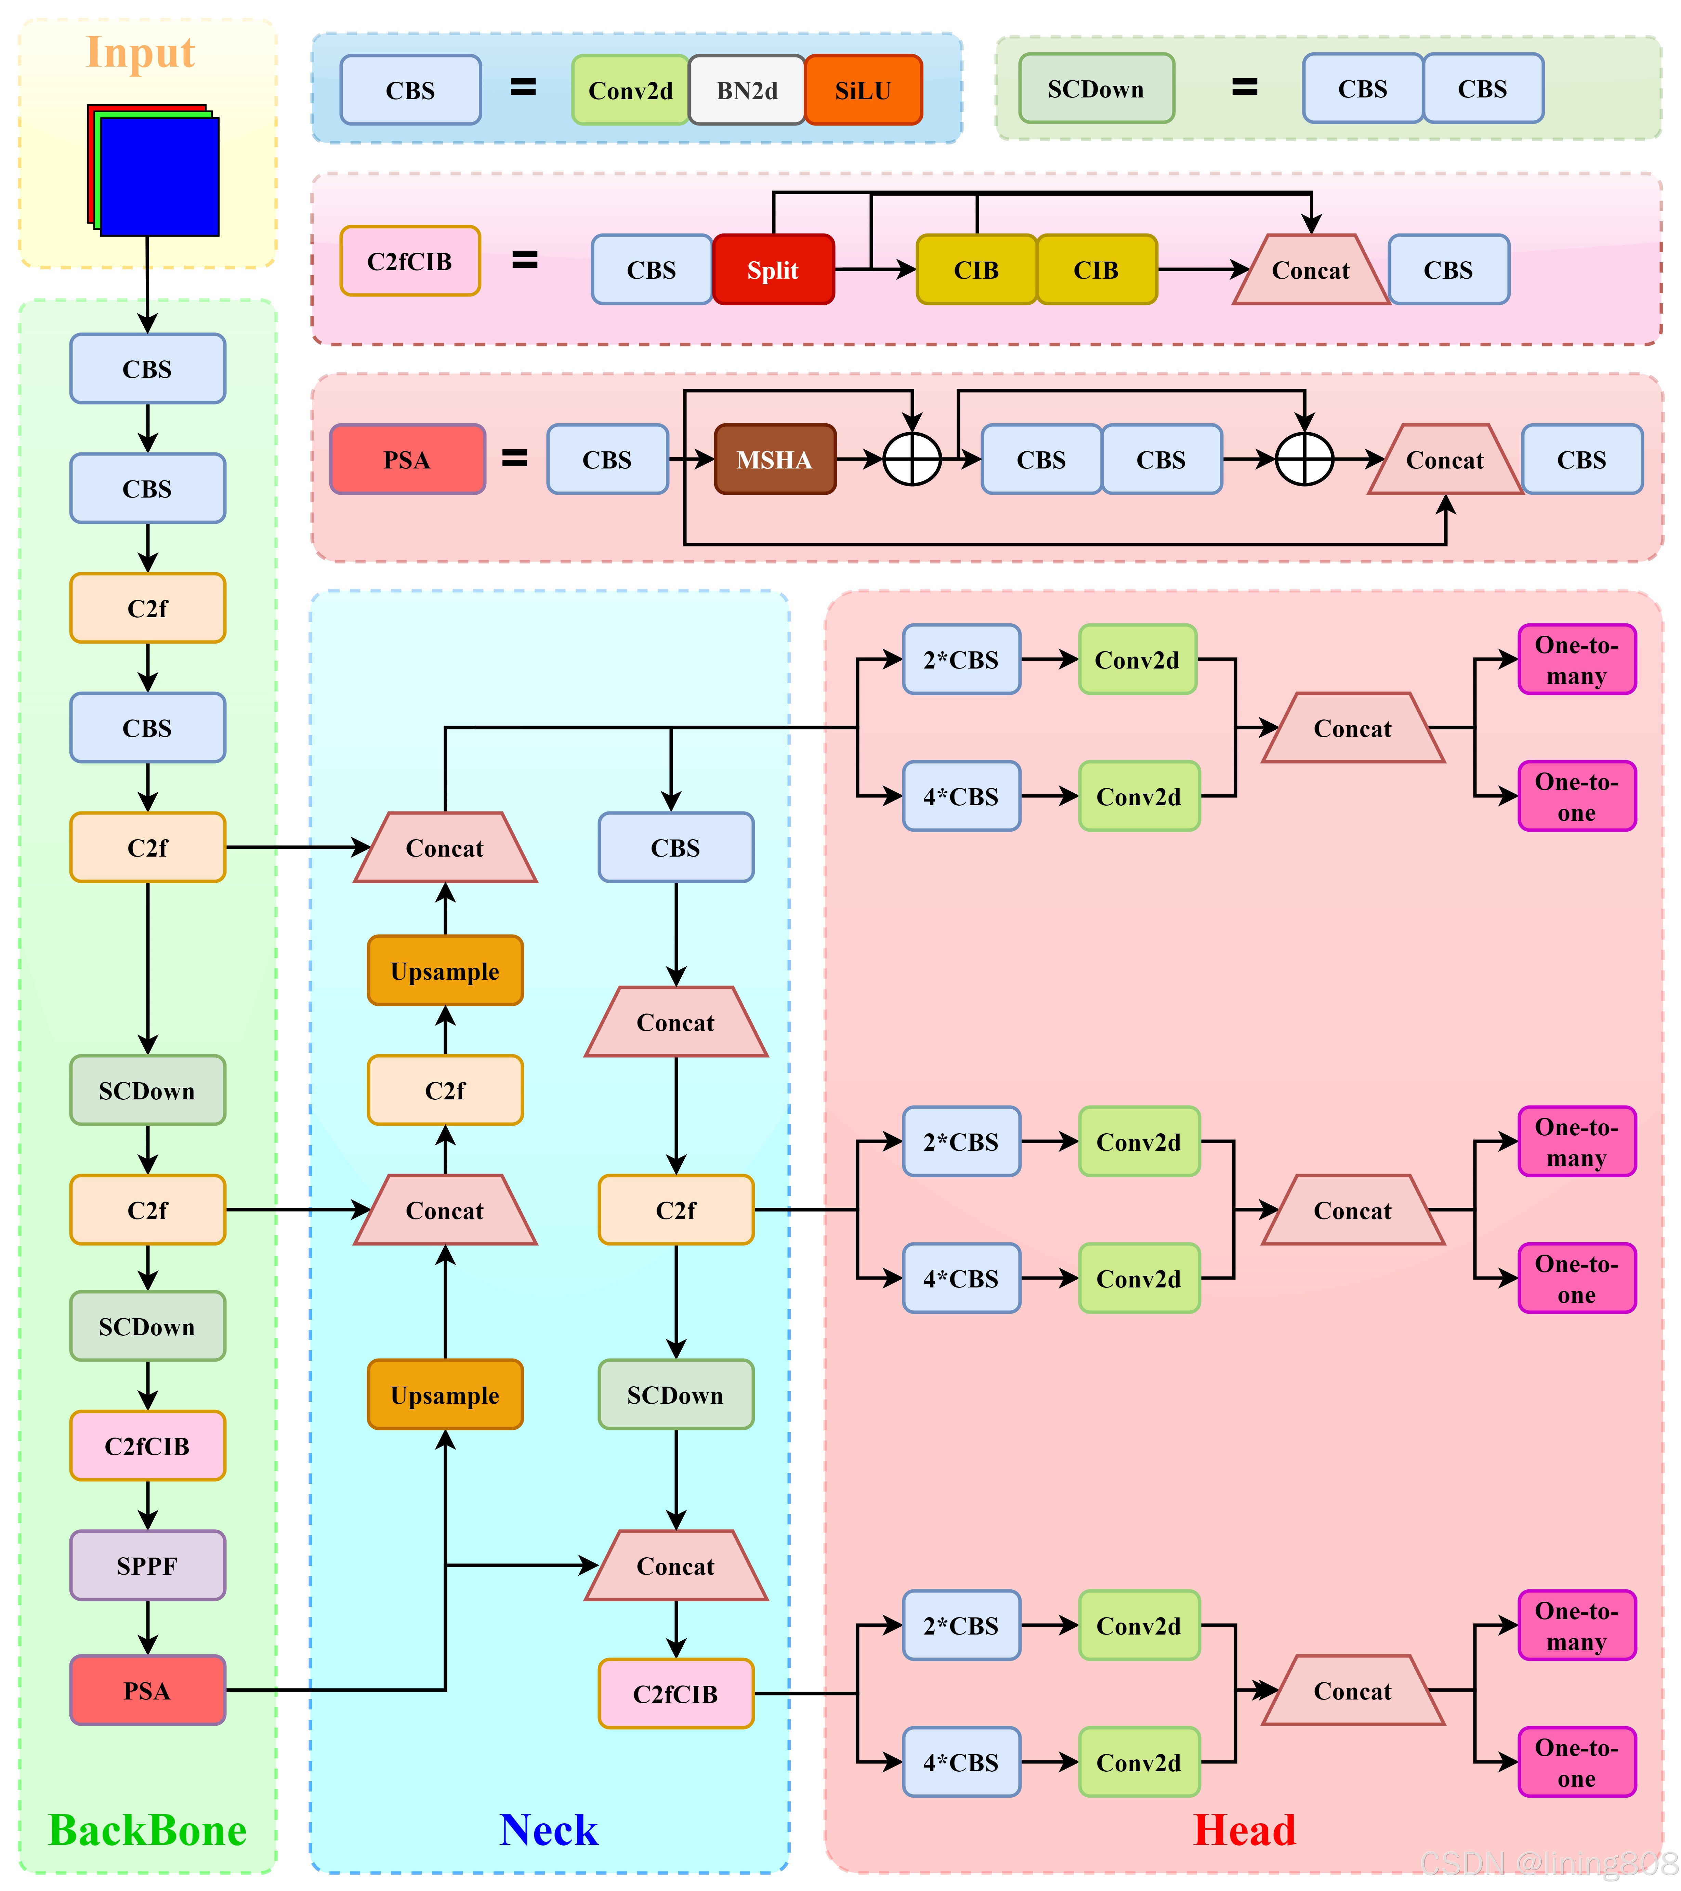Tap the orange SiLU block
(x=863, y=90)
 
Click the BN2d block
(x=747, y=90)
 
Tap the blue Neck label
(x=549, y=1830)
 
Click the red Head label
(x=1244, y=1830)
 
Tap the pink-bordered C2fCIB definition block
(x=410, y=261)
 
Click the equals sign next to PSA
(x=514, y=458)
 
